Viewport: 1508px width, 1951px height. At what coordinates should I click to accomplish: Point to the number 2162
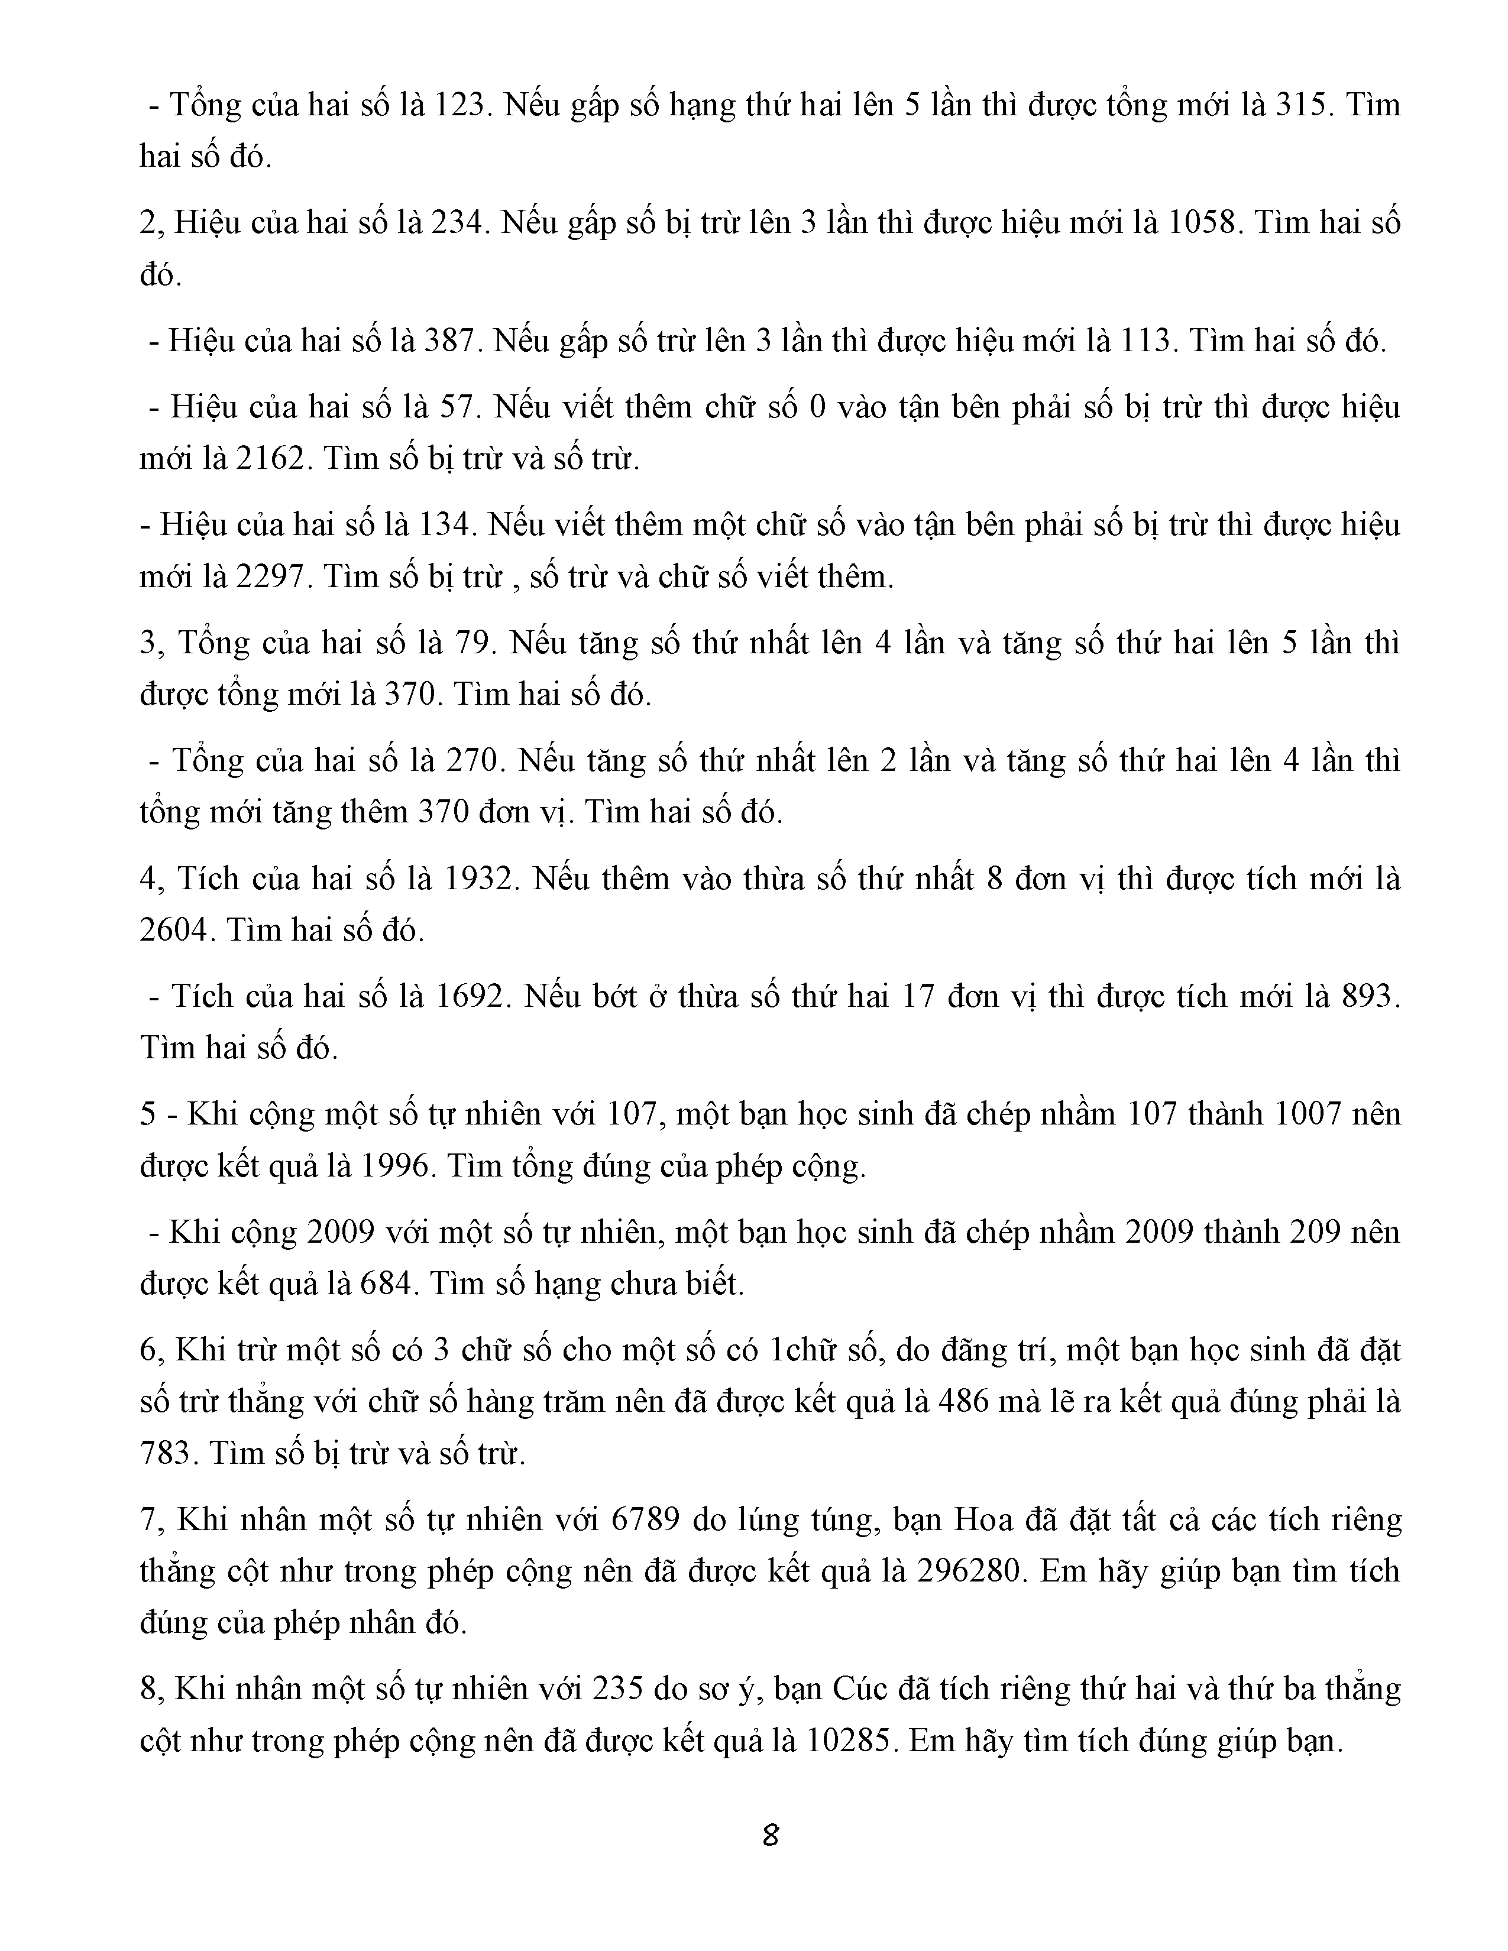pos(271,459)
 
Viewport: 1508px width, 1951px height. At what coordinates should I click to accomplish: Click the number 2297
pos(271,577)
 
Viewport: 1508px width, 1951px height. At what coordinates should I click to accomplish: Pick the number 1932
pos(480,879)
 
